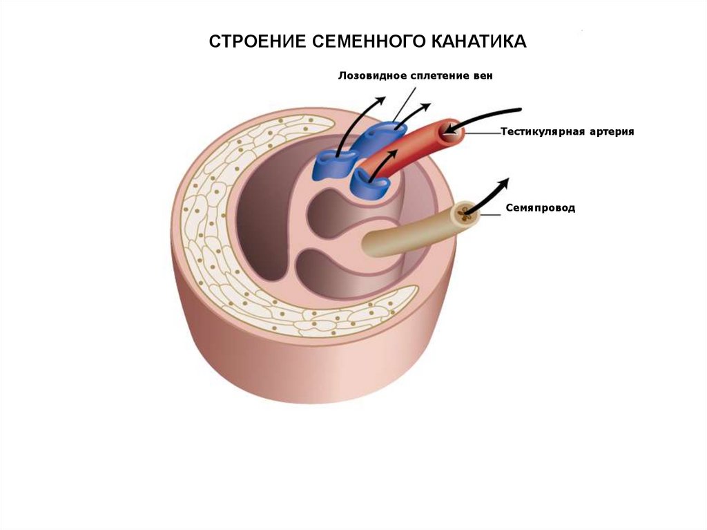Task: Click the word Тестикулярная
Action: [541, 131]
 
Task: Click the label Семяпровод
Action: [540, 207]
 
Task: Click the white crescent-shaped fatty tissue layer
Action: [207, 228]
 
